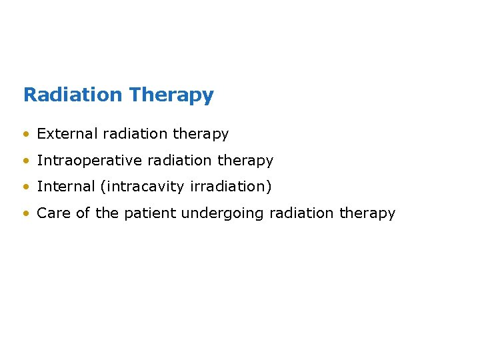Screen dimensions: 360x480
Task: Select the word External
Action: [x=67, y=134]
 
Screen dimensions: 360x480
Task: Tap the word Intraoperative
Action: [x=89, y=161]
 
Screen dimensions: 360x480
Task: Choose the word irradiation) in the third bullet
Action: [x=231, y=187]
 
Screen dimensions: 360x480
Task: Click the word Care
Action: [x=51, y=213]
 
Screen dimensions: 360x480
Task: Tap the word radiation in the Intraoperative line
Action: [x=180, y=161]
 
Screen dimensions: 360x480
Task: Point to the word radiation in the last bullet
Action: [x=302, y=213]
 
